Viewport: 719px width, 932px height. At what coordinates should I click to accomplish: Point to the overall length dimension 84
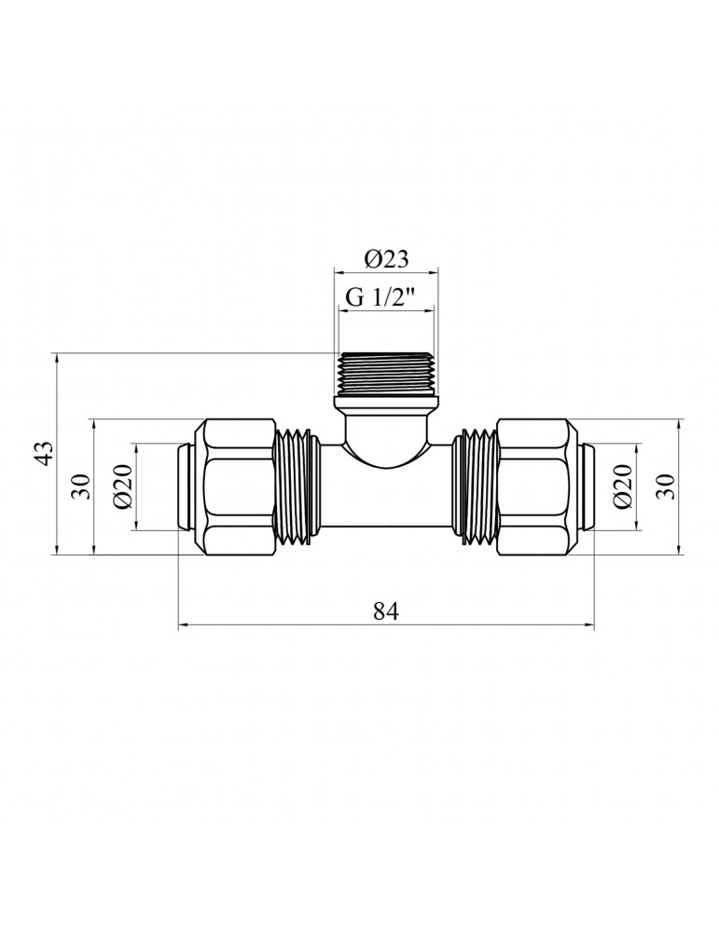click(x=386, y=611)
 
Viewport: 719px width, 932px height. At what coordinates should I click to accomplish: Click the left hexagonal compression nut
click(x=240, y=487)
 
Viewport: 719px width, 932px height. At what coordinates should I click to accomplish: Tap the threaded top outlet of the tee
click(x=386, y=375)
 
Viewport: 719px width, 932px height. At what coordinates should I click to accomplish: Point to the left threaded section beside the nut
click(x=298, y=487)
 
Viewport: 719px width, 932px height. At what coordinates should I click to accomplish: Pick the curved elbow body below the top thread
click(x=386, y=438)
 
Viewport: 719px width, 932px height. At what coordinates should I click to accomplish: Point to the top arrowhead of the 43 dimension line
click(x=58, y=357)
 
